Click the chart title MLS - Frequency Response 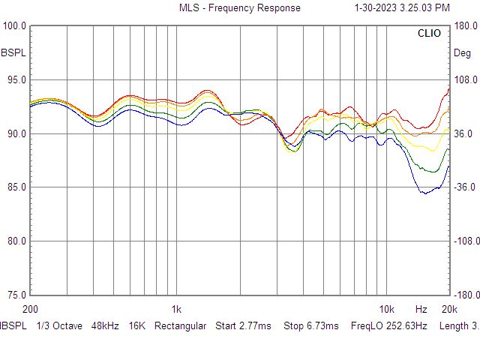click(239, 7)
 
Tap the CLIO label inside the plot click(430, 34)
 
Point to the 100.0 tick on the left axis click(14, 25)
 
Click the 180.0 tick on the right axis click(465, 25)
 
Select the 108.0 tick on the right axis click(465, 79)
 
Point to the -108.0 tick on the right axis click(463, 241)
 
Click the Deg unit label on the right click(463, 53)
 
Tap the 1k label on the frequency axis click(176, 309)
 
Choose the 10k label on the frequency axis click(386, 309)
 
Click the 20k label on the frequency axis click(448, 309)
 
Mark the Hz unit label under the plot click(421, 309)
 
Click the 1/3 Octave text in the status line click(58, 326)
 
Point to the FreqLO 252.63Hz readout click(387, 326)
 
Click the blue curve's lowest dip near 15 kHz click(424, 193)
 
